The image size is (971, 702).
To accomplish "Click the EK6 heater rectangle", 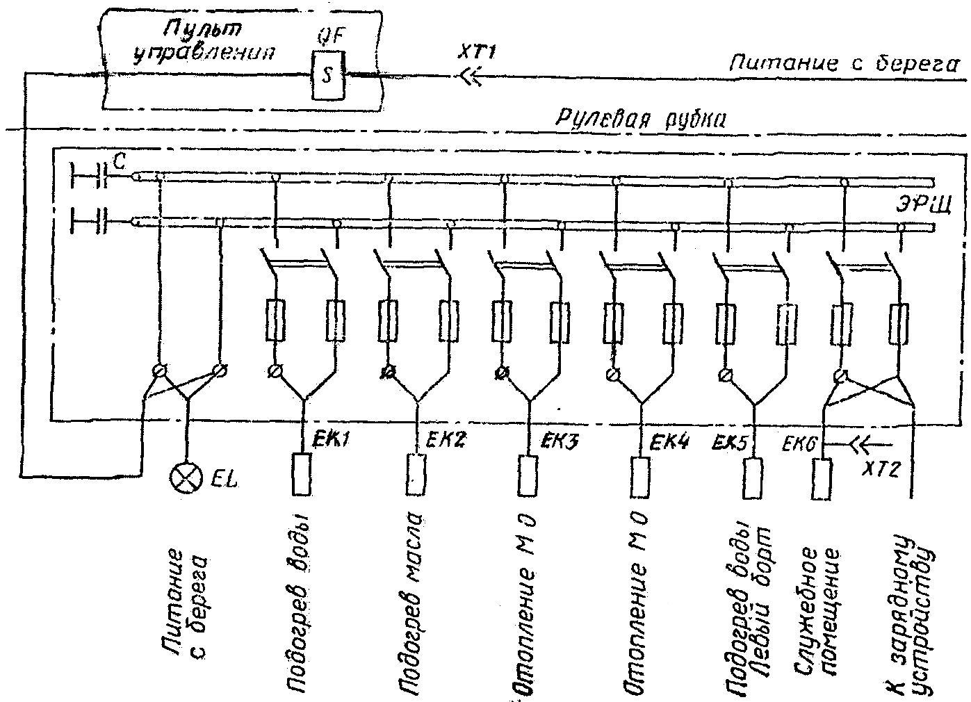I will pyautogui.click(x=822, y=478).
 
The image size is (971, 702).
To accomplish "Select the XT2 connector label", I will pyautogui.click(x=883, y=468).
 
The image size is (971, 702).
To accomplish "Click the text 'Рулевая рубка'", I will pyautogui.click(x=640, y=119).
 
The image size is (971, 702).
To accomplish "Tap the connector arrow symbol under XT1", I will pyautogui.click(x=471, y=77).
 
